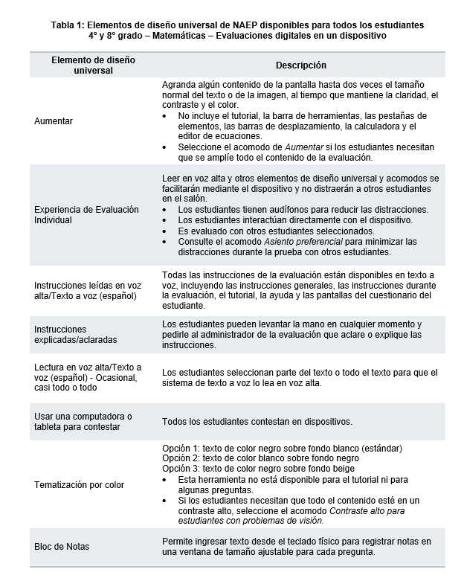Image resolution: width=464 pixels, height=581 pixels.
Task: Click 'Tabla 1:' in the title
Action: coord(69,25)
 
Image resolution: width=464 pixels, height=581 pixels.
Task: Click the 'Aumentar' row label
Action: coord(54,121)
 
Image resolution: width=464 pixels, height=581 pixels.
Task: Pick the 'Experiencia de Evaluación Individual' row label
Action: coord(86,215)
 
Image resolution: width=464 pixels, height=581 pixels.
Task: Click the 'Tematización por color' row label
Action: coord(79,485)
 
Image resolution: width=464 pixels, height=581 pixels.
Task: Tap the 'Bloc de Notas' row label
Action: coord(62,547)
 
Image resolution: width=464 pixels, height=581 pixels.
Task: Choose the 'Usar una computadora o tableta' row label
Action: coord(83,421)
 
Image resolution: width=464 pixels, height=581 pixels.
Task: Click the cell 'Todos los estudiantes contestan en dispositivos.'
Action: coord(257,422)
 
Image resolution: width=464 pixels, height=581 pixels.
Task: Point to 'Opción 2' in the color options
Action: coord(179,459)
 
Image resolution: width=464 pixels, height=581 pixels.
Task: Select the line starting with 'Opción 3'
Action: coord(268,469)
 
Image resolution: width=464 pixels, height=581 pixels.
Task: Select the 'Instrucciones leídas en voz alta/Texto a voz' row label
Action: coord(88,290)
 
